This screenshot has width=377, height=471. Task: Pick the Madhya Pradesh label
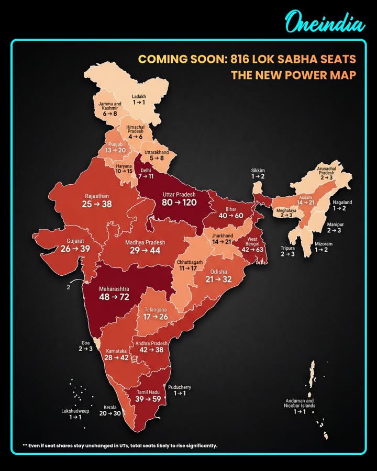pyautogui.click(x=145, y=242)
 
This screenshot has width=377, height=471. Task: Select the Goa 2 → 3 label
pyautogui.click(x=86, y=345)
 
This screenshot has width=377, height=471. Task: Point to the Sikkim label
pyautogui.click(x=258, y=171)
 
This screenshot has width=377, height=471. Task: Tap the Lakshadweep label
pyautogui.click(x=75, y=411)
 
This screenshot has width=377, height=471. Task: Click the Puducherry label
pyautogui.click(x=180, y=387)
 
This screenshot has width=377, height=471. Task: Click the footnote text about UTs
pyautogui.click(x=120, y=446)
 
